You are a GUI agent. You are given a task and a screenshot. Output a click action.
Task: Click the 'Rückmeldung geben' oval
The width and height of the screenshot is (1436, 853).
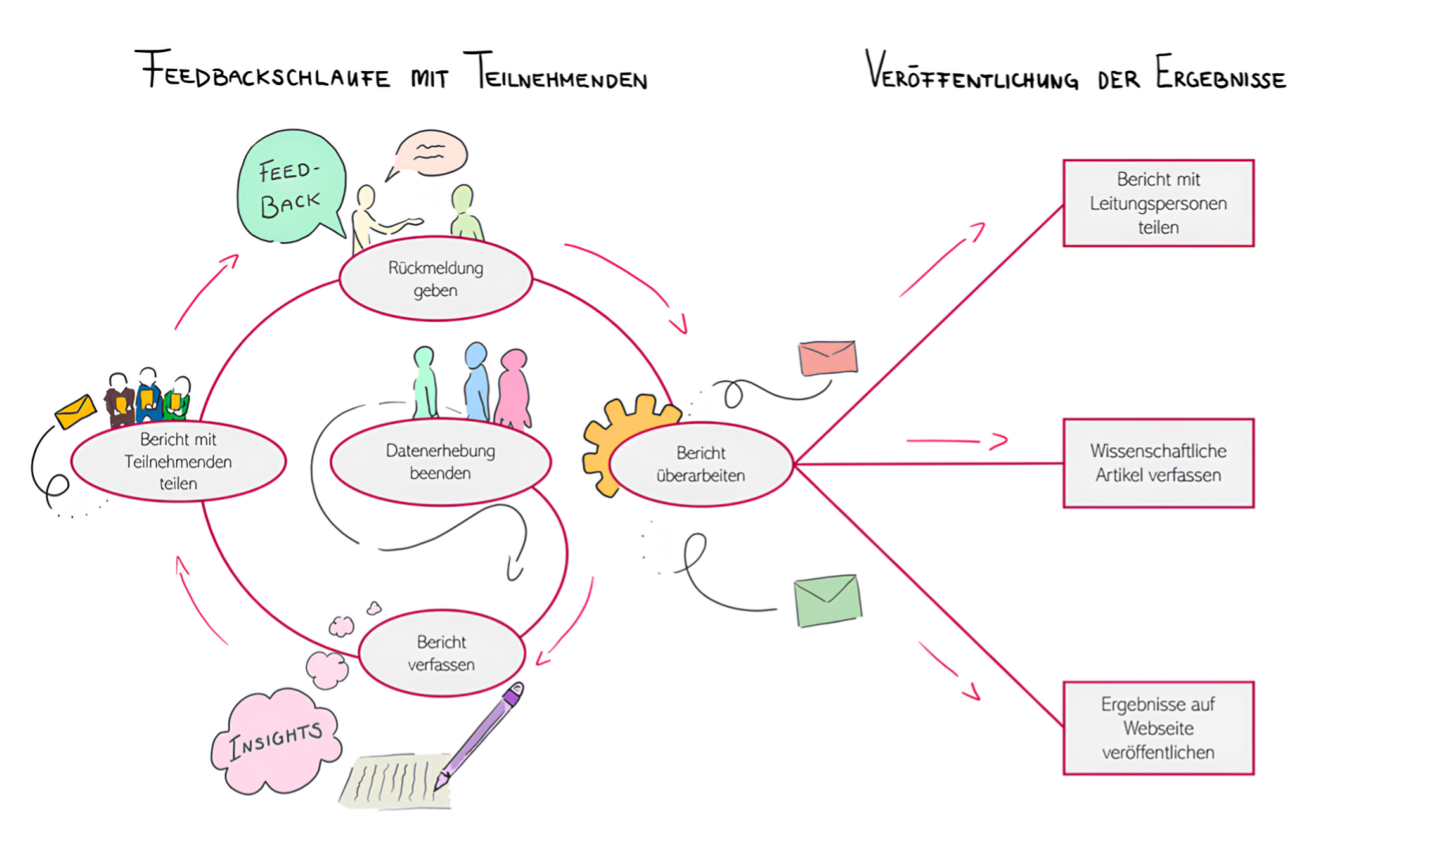click(x=436, y=279)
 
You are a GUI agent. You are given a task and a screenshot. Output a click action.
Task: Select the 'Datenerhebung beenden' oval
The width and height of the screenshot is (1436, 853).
click(x=440, y=462)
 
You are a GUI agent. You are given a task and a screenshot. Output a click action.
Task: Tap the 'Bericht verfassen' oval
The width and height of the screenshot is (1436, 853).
click(x=442, y=653)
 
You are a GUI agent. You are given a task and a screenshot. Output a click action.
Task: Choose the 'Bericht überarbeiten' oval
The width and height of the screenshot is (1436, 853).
click(x=701, y=464)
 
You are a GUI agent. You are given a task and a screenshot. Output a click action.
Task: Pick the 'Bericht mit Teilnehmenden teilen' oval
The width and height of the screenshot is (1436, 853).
click(x=178, y=462)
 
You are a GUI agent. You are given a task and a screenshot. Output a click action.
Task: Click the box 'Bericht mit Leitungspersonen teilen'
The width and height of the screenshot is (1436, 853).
click(x=1158, y=204)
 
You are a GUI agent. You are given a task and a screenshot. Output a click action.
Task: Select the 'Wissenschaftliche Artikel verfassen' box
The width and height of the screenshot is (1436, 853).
click(x=1158, y=463)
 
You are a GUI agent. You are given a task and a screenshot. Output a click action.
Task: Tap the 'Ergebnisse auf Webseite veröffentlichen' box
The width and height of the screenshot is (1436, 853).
click(x=1158, y=728)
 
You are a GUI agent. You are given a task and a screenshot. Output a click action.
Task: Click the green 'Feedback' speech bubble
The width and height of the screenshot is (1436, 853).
click(x=290, y=187)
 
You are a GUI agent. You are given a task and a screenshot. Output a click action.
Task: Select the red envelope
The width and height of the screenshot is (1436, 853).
click(x=827, y=357)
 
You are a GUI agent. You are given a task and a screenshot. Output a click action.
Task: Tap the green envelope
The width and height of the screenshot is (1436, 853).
click(x=827, y=601)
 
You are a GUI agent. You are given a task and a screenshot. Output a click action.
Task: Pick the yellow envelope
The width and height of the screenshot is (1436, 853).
click(x=76, y=411)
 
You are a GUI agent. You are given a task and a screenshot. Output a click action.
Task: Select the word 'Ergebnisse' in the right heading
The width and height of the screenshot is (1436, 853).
click(x=1221, y=74)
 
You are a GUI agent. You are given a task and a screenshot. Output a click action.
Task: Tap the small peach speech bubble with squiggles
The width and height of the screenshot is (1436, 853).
click(x=430, y=153)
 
